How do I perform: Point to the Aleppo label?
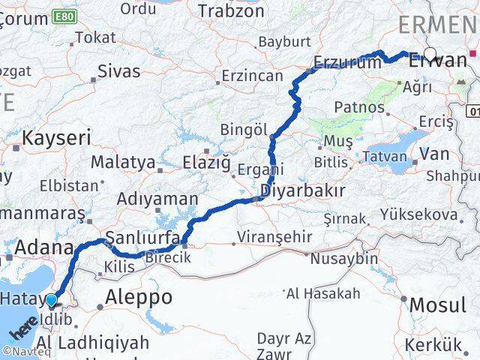pyautogui.click(x=139, y=296)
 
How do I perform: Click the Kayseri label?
pyautogui.click(x=56, y=138)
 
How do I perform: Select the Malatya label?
pyautogui.click(x=123, y=162)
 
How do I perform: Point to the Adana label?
pyautogui.click(x=43, y=248)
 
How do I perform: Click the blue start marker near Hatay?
pyautogui.click(x=51, y=301)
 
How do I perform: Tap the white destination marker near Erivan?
pyautogui.click(x=430, y=53)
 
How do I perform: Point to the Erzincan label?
pyautogui.click(x=251, y=76)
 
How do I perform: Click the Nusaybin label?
pyautogui.click(x=345, y=257)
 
